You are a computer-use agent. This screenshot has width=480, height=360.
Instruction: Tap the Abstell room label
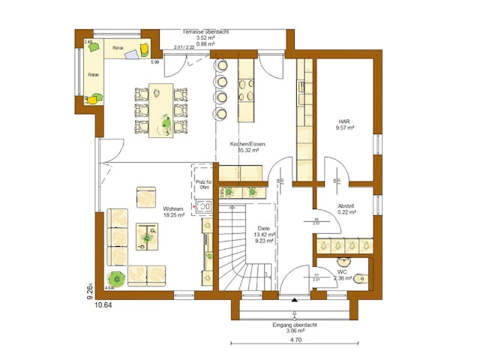pyautogui.click(x=346, y=205)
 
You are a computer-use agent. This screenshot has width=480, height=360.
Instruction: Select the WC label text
pyautogui.click(x=341, y=271)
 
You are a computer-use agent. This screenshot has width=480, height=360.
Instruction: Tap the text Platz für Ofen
pyautogui.click(x=203, y=184)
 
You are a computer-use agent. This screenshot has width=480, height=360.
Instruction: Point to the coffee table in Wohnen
pyautogui.click(x=146, y=237)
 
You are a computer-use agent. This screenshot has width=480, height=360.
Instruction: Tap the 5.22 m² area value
pyautogui.click(x=346, y=212)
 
